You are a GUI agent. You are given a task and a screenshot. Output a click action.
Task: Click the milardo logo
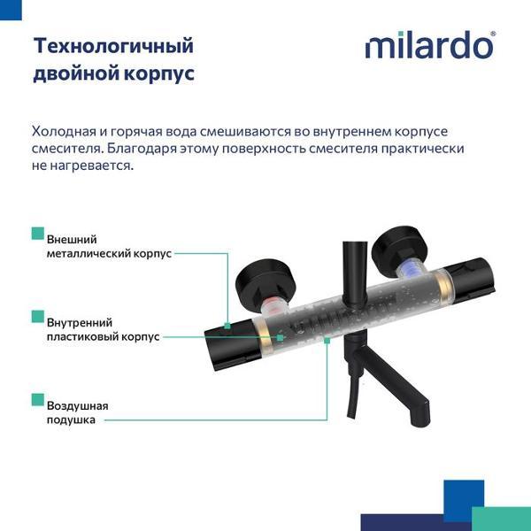tap(429, 45)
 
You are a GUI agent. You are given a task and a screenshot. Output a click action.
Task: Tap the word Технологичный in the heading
tap(112, 45)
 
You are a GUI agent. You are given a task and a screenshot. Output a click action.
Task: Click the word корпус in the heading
tap(162, 73)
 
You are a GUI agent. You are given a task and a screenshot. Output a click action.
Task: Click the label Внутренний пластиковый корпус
tap(102, 329)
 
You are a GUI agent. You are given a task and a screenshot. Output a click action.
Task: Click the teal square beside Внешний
tap(37, 234)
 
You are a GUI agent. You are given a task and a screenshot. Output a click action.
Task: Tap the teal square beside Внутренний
tap(37, 316)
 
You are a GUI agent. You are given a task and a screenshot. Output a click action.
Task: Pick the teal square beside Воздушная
tap(37, 399)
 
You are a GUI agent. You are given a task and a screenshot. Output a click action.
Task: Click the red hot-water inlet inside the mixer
tap(275, 306)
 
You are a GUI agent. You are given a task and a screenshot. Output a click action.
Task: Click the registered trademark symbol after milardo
tap(493, 33)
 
